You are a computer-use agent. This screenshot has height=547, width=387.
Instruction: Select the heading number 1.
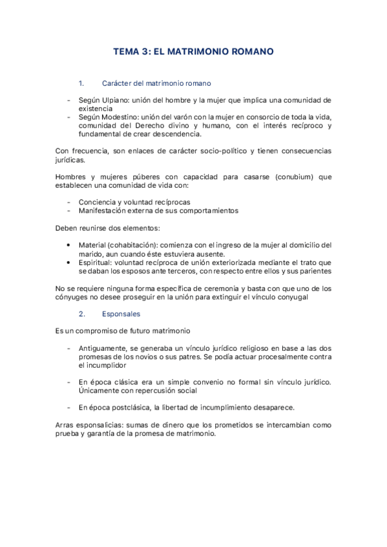tap(81, 83)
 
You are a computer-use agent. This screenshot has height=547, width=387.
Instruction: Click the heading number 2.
tap(81, 314)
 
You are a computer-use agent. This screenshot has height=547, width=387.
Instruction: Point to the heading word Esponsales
tap(121, 314)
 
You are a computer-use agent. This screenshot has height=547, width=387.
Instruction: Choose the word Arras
tap(65, 425)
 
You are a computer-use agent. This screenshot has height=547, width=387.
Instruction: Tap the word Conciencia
tap(98, 202)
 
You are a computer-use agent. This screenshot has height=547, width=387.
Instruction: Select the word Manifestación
tap(105, 210)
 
